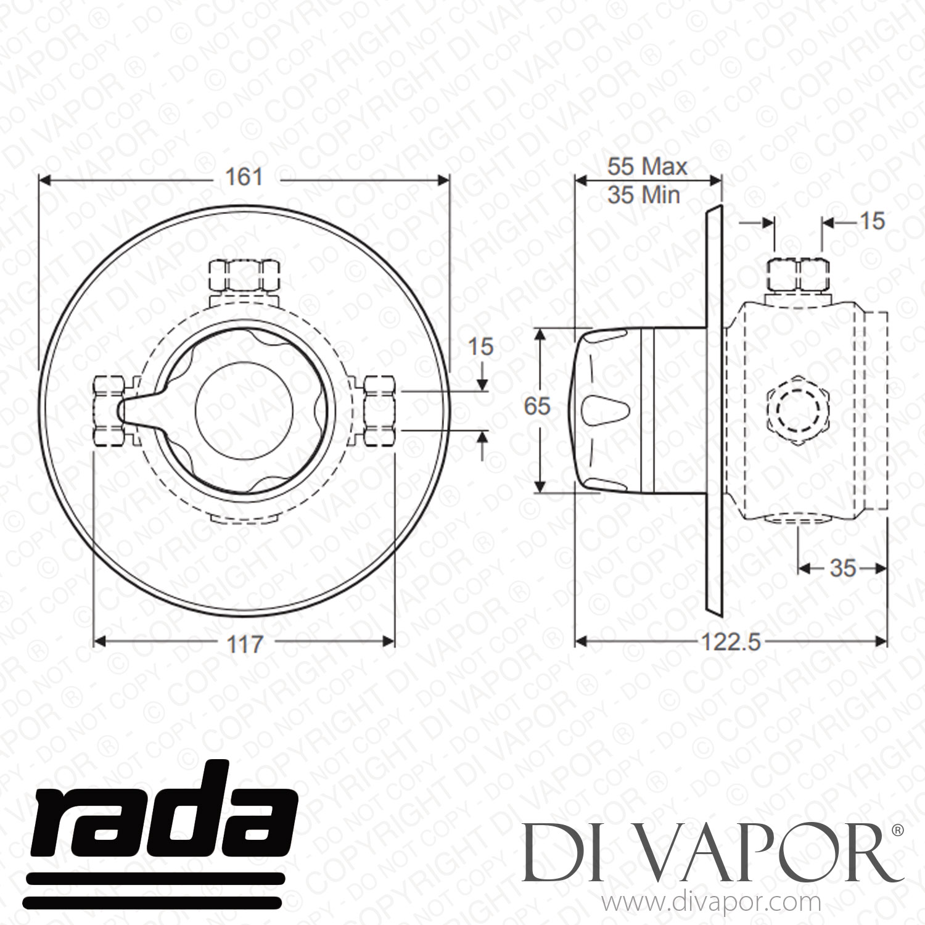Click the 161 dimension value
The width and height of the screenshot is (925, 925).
pos(244,178)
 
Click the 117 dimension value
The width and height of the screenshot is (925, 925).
pos(245,644)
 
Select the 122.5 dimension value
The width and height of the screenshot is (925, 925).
pos(731,643)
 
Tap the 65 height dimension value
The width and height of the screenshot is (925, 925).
pos(536,406)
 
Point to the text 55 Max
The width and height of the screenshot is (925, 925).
pos(647,166)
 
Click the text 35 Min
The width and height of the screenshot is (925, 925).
pos(644,195)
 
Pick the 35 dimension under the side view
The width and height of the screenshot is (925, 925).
pos(843,568)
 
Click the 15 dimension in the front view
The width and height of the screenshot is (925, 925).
pos(480,347)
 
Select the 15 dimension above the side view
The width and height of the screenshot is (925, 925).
pos(872,221)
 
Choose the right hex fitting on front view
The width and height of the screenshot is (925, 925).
pos(378,410)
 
